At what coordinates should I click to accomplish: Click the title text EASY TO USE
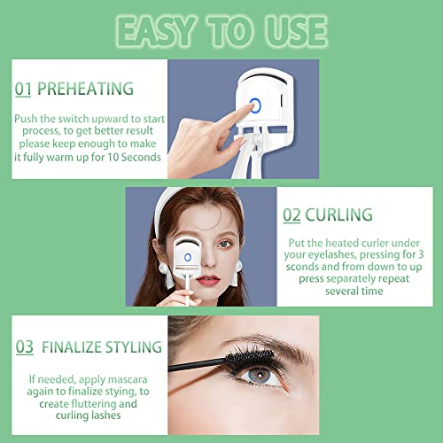[221, 32]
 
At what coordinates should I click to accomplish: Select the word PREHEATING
[87, 89]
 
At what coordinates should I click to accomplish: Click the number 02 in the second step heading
[293, 214]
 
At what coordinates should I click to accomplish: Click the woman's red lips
[208, 281]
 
